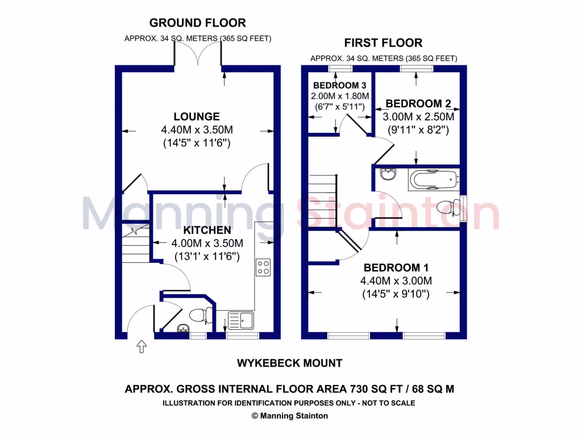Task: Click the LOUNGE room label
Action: pos(196,116)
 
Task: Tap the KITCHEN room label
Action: pos(207,230)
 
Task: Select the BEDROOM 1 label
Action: pos(396,267)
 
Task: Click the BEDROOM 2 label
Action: pos(418,103)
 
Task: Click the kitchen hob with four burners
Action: pos(263,267)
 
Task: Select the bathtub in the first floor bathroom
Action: pos(433,180)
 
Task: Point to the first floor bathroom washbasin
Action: pos(389,173)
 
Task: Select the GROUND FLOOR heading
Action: pos(197,23)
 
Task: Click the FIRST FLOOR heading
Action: pos(383,43)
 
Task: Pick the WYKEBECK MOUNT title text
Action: pos(290,363)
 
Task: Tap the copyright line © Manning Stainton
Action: pos(290,416)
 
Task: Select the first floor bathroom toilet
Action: pos(449,208)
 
